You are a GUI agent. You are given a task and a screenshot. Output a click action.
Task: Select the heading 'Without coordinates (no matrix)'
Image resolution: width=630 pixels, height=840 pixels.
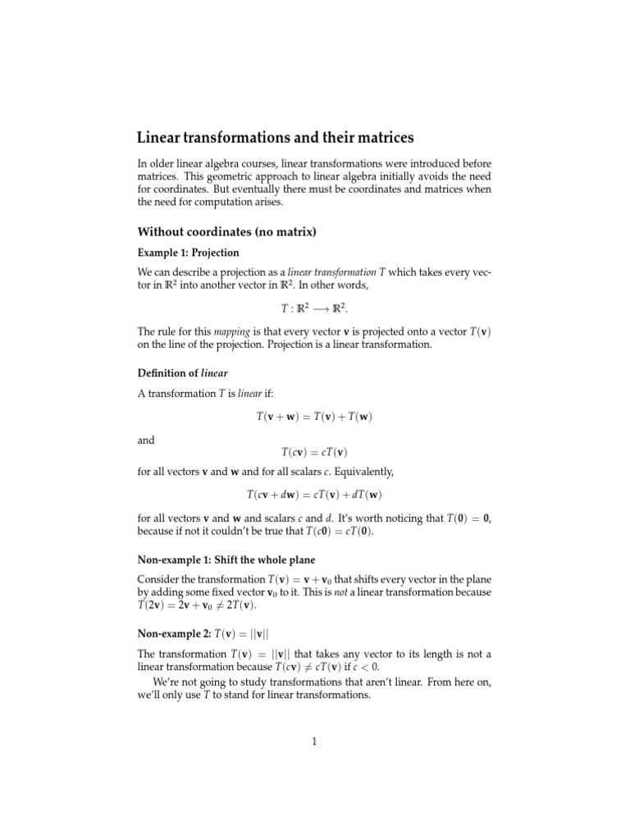pyautogui.click(x=226, y=232)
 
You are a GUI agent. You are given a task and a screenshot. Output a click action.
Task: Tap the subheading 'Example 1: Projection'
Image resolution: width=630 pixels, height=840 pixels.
pyautogui.click(x=188, y=252)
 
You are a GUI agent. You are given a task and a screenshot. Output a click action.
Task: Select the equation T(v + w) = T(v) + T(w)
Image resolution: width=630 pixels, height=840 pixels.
pyautogui.click(x=314, y=417)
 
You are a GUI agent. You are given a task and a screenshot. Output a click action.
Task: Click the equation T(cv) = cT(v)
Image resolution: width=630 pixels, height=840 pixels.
pyautogui.click(x=314, y=453)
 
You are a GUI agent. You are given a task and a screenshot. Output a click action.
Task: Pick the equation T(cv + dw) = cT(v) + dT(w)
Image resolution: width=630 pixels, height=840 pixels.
pyautogui.click(x=314, y=495)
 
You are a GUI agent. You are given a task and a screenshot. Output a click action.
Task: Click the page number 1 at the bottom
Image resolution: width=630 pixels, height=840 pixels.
pyautogui.click(x=314, y=742)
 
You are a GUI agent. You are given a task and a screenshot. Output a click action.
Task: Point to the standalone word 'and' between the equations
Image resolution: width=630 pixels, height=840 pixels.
pyautogui.click(x=146, y=440)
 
